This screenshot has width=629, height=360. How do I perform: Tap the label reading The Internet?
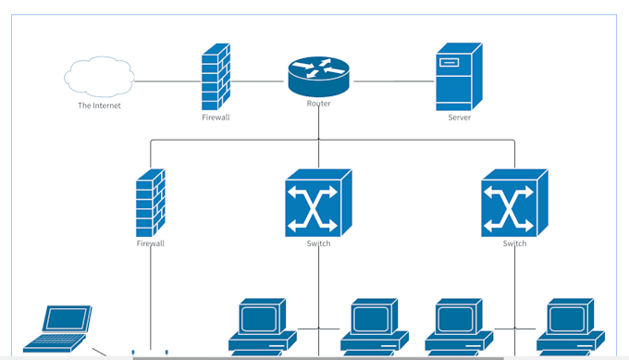99,106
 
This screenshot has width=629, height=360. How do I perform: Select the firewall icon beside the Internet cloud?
216,78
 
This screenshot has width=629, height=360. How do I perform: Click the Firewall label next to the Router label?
216,118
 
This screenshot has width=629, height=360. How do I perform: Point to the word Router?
318,104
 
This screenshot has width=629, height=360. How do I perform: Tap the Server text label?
459,118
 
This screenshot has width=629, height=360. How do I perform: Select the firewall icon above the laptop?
150,203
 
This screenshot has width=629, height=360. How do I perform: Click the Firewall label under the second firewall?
150,243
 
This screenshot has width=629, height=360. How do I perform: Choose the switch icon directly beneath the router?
318,202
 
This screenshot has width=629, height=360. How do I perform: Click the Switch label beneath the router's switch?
318,243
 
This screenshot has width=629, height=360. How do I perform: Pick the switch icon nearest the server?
514,202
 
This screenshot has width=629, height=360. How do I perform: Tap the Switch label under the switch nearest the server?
514,243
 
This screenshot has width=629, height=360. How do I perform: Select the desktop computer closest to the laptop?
263,327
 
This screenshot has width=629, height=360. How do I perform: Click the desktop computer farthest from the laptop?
571,327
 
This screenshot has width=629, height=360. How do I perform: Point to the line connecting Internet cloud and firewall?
168,81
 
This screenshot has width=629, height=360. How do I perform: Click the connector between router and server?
393,81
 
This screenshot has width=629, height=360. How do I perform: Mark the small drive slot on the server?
450,63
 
